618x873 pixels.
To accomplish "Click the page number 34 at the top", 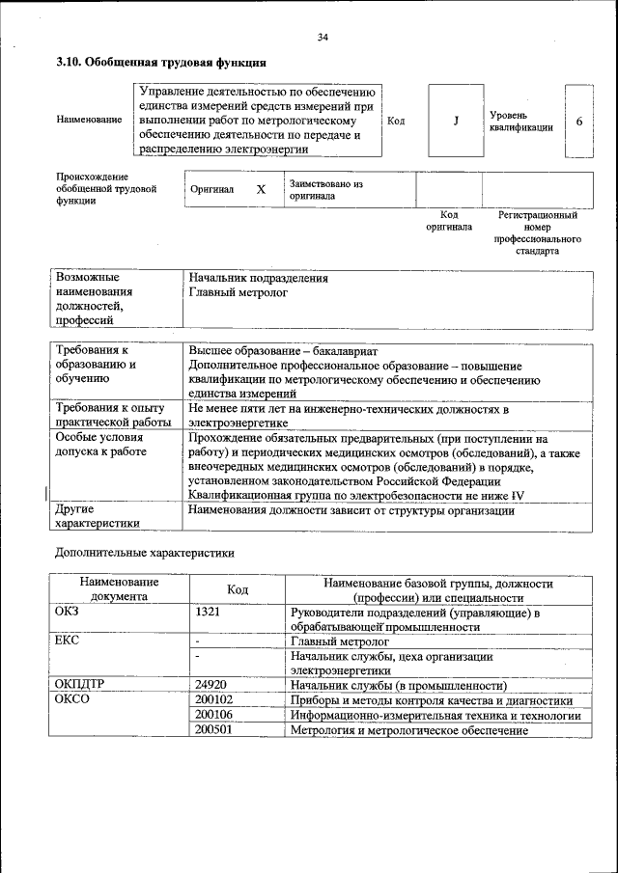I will pyautogui.click(x=323, y=37).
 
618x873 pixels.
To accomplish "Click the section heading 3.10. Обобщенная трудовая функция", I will pyautogui.click(x=161, y=64).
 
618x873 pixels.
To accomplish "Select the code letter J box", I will pyautogui.click(x=454, y=122).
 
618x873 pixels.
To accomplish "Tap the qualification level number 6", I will pyautogui.click(x=578, y=122).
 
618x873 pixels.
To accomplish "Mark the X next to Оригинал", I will pyautogui.click(x=261, y=189).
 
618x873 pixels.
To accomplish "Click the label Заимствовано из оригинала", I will pyautogui.click(x=324, y=188).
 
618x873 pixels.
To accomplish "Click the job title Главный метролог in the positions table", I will pyautogui.click(x=239, y=292).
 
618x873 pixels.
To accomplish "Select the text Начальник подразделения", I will pyautogui.click(x=258, y=278).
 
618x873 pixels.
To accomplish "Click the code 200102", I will pyautogui.click(x=213, y=699).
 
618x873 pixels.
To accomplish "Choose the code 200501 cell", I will pyautogui.click(x=213, y=730).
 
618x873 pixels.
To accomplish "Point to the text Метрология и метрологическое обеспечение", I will pyautogui.click(x=409, y=730).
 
